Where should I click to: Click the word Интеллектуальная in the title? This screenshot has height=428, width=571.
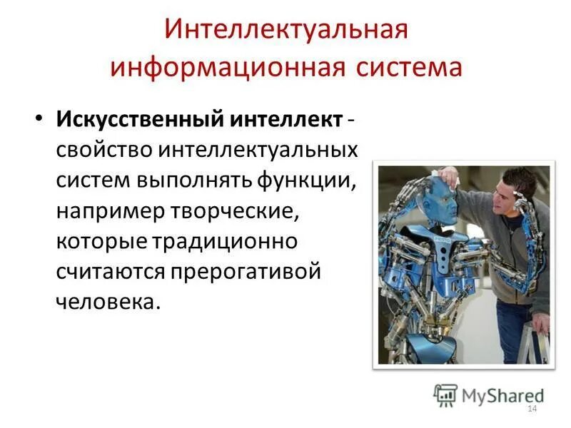click(x=286, y=31)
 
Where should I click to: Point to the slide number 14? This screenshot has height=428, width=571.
click(x=531, y=408)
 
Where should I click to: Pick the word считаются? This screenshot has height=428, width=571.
click(x=110, y=270)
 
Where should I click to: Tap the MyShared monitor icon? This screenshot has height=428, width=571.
click(x=445, y=394)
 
